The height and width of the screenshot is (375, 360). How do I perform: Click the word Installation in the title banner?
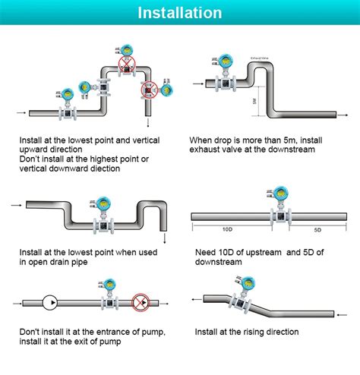180,13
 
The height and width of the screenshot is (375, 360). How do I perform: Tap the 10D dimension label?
227,228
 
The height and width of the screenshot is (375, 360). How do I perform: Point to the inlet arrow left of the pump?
18,302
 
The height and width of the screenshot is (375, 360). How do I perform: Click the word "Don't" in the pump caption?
32,332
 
